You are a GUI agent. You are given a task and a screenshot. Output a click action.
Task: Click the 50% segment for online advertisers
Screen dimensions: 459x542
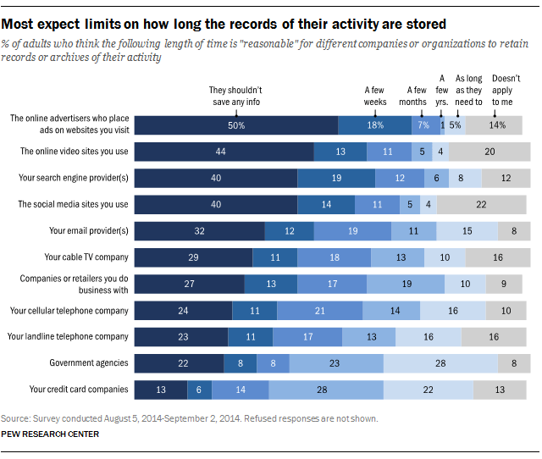pyautogui.click(x=236, y=125)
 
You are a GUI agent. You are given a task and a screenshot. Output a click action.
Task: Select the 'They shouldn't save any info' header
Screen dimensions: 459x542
pyautogui.click(x=236, y=94)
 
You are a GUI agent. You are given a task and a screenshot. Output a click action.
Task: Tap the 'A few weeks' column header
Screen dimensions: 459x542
pyautogui.click(x=375, y=94)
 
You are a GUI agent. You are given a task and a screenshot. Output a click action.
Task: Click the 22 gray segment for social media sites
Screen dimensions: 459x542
pyautogui.click(x=480, y=204)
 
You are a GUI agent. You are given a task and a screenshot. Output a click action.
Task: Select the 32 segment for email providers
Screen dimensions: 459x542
pyautogui.click(x=200, y=230)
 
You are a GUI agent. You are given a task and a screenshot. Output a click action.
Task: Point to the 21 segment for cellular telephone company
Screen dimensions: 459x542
pyautogui.click(x=319, y=310)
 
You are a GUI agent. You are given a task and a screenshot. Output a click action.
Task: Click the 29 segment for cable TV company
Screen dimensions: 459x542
pyautogui.click(x=193, y=257)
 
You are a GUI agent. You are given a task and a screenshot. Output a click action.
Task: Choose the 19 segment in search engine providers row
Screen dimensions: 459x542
pyautogui.click(x=336, y=178)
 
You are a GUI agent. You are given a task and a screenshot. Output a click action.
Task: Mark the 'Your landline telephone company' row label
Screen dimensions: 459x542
pyautogui.click(x=68, y=336)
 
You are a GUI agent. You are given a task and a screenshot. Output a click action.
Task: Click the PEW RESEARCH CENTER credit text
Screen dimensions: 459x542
pyautogui.click(x=50, y=434)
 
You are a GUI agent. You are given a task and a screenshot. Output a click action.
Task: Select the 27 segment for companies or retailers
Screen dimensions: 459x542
pyautogui.click(x=189, y=284)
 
